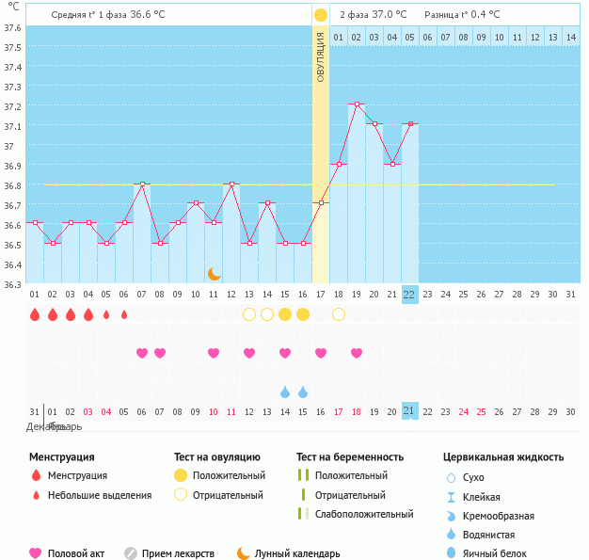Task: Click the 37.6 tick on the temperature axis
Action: [12, 27]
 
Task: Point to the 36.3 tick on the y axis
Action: [12, 283]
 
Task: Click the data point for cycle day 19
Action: [357, 104]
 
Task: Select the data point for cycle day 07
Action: [141, 184]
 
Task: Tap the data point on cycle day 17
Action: [321, 203]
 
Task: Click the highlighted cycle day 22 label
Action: [409, 294]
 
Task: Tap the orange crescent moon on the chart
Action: [215, 273]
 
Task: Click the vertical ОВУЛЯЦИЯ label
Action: [321, 56]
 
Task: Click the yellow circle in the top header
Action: [321, 15]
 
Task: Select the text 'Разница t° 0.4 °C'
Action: [462, 15]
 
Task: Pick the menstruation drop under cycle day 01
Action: [35, 314]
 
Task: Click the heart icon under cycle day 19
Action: [357, 353]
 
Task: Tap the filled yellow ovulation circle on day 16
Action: [303, 314]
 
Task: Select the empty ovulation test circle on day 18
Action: [339, 314]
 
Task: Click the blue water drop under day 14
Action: [285, 392]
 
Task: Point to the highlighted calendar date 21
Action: [409, 411]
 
